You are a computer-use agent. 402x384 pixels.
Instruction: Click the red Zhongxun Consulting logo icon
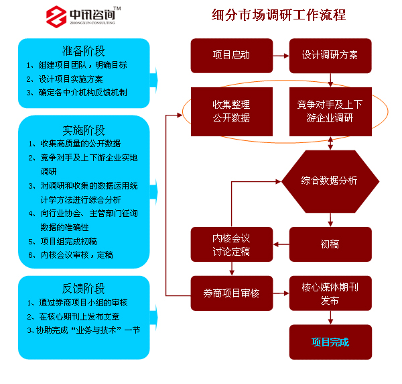[56, 17]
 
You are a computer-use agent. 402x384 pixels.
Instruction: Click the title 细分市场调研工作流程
[279, 15]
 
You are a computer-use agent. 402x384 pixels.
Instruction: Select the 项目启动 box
[232, 56]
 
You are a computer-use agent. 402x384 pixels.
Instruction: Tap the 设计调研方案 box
[330, 56]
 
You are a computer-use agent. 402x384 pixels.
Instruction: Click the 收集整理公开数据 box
[232, 111]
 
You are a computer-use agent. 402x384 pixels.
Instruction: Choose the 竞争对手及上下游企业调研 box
[330, 111]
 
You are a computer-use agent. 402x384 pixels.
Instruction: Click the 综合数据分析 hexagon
[330, 181]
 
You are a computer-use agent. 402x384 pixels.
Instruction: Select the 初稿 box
[330, 244]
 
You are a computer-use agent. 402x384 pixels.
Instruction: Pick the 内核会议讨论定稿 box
[232, 244]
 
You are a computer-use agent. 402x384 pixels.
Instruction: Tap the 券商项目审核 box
[232, 293]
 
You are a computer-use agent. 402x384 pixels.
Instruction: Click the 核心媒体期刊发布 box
[330, 293]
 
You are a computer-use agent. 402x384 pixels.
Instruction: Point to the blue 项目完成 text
[330, 342]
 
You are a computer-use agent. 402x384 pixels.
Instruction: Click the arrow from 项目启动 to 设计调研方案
[281, 56]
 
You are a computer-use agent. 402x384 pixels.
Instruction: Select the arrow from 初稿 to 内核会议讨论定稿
[281, 244]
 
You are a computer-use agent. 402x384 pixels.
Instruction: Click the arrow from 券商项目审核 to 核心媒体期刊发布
[281, 293]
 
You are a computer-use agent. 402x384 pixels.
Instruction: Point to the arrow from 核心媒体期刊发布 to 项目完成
[330, 318]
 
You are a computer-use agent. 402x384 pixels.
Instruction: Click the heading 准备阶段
[84, 51]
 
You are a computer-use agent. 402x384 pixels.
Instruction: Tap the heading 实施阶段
[84, 130]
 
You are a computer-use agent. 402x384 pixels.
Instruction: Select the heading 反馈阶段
[84, 289]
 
